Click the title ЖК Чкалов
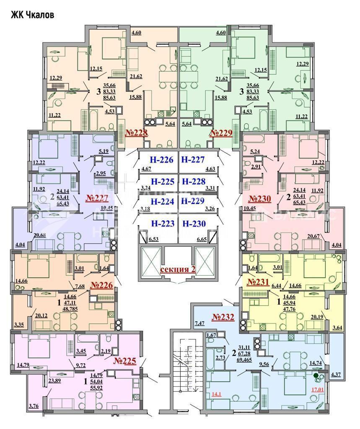(32, 15)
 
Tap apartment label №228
(137, 133)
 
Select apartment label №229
(221, 133)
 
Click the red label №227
(97, 198)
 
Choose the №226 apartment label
(102, 285)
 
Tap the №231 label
(257, 282)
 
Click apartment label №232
(223, 317)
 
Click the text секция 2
(178, 269)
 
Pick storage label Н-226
(162, 160)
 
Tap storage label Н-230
(194, 224)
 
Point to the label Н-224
(162, 201)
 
